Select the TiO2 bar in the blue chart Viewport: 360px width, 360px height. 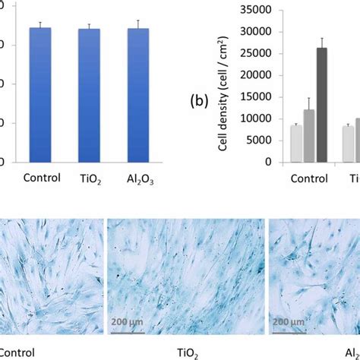point(89,96)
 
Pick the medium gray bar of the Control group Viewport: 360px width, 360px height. point(309,136)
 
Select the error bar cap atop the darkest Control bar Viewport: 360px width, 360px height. point(322,38)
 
